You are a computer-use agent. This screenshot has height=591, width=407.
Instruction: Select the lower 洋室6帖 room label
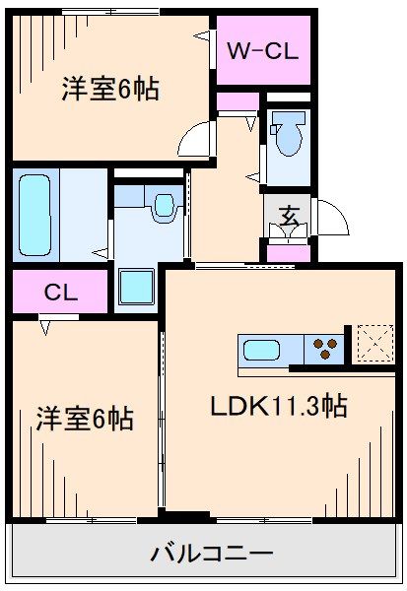coord(85,418)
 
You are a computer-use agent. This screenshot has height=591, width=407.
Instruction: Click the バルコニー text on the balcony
coord(212,554)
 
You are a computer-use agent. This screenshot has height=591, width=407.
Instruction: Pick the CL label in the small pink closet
coord(60,293)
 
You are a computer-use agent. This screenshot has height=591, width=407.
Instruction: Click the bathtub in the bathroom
coord(35,214)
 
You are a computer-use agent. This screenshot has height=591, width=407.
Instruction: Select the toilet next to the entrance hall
coord(290,137)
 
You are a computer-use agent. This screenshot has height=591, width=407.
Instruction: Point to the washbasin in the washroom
coord(162,206)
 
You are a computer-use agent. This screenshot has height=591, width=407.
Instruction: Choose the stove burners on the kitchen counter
coord(326,347)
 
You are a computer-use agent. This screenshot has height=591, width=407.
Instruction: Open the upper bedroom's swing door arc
coord(200,137)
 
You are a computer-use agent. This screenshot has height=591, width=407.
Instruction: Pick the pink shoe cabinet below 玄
coord(290,253)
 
